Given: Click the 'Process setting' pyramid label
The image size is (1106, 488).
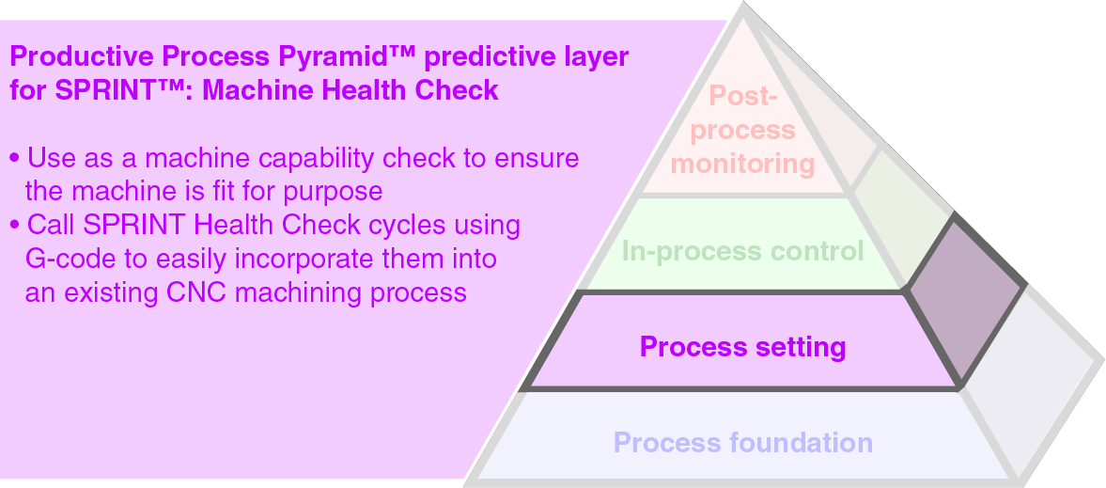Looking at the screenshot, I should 742,347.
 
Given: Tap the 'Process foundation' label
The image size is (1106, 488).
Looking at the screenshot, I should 742,442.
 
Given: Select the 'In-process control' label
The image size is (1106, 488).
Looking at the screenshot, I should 742,251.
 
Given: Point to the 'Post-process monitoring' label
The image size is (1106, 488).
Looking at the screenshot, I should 742,130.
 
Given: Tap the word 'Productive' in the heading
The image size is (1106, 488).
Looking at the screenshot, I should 82,55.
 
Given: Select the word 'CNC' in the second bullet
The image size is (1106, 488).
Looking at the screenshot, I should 199,292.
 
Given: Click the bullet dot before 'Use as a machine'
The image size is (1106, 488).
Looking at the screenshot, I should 14,158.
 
